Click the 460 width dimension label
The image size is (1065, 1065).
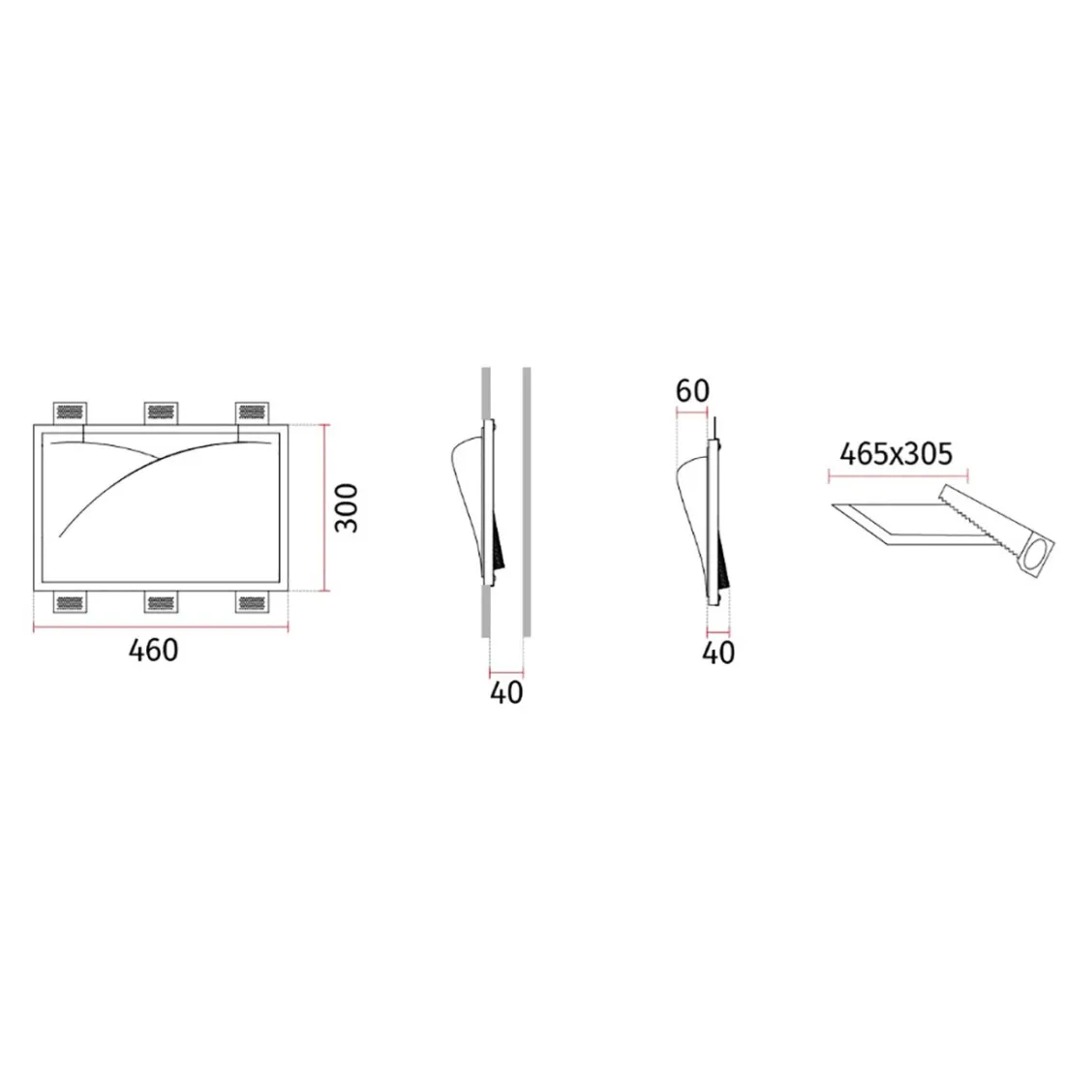click(154, 651)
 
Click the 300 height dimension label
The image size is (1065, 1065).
click(347, 506)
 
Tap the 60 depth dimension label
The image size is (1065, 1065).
click(692, 391)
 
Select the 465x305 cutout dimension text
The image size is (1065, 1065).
click(897, 453)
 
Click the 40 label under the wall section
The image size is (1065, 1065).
click(506, 693)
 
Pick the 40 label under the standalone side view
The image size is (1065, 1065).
click(717, 654)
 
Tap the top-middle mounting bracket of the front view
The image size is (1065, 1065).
click(162, 412)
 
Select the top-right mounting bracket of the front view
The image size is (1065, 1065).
click(252, 412)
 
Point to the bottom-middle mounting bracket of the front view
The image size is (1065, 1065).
click(162, 604)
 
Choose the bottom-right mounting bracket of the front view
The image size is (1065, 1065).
click(252, 604)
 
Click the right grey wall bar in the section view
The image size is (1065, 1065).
click(527, 502)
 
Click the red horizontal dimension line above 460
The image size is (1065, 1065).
click(161, 629)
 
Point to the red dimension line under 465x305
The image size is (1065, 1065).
click(898, 474)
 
